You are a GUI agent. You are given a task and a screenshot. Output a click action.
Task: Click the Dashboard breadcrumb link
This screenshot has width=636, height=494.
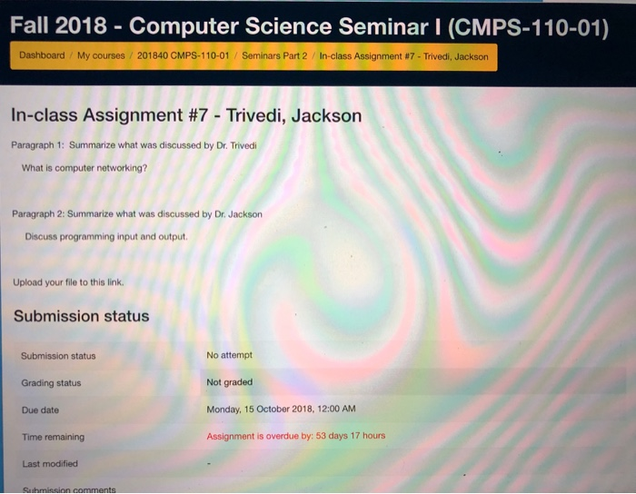point(42,55)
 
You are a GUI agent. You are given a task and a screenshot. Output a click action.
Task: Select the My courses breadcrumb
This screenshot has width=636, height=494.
point(101,55)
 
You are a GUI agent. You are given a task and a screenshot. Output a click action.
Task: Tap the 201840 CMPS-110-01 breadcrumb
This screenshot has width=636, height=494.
point(183,55)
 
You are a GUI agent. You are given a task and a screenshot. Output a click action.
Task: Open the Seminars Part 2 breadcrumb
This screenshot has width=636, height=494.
point(274,56)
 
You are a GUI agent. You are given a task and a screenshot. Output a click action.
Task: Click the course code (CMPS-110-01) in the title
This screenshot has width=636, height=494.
point(529,27)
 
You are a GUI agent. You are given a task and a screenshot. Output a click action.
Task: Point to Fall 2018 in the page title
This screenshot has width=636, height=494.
point(58,25)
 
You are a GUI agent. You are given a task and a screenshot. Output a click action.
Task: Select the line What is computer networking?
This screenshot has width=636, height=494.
point(84,168)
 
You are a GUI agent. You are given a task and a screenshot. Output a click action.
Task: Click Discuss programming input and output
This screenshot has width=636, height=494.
point(106,236)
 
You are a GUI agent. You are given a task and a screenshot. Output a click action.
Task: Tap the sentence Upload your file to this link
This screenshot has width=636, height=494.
point(68,282)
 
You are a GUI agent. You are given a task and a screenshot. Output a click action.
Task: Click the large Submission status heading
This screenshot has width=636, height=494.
point(82,316)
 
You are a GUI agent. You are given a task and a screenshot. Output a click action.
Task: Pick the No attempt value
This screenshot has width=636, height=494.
point(229,355)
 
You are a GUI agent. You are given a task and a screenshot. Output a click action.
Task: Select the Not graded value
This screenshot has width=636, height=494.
point(230,382)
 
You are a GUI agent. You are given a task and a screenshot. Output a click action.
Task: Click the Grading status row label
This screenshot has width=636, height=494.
point(51,383)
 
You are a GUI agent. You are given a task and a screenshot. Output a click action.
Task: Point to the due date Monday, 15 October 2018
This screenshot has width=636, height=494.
point(260,410)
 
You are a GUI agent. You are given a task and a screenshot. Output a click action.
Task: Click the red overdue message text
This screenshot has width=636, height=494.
point(295,436)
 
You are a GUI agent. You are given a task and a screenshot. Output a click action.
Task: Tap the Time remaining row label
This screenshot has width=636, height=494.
point(53,437)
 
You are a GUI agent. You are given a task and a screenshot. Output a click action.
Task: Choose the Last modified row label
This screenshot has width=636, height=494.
point(50,464)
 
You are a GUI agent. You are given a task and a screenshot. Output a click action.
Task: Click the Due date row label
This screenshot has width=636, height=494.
point(40,410)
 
